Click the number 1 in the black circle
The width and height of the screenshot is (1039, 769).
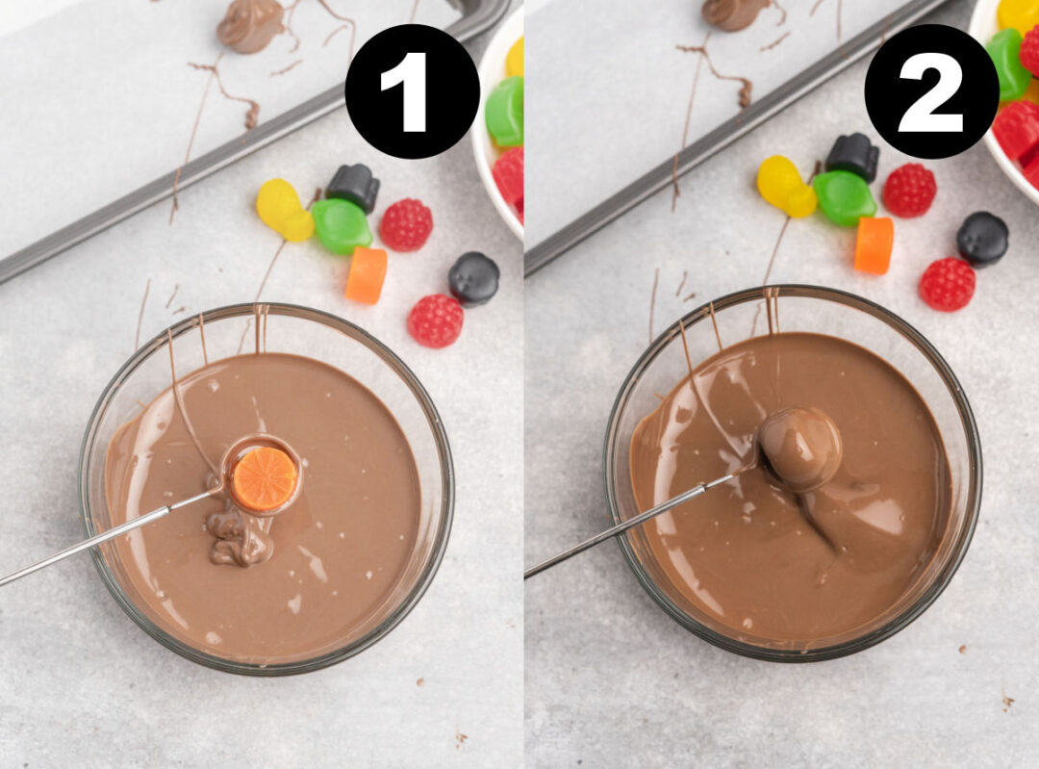pyautogui.click(x=412, y=91)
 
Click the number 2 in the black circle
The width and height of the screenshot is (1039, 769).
pyautogui.click(x=930, y=91)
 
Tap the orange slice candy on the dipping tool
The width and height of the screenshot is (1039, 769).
pyautogui.click(x=264, y=479)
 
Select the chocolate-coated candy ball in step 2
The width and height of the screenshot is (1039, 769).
pyautogui.click(x=799, y=449)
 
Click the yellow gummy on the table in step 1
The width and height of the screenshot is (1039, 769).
pyautogui.click(x=284, y=210)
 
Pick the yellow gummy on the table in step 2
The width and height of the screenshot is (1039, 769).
pyautogui.click(x=785, y=186)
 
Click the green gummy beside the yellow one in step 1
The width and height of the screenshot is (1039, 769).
pyautogui.click(x=341, y=226)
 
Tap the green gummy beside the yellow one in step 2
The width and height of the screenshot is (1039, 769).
pyautogui.click(x=843, y=197)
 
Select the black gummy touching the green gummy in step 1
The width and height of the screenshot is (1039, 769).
pyautogui.click(x=353, y=187)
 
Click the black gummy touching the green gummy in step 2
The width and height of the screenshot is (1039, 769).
pyautogui.click(x=852, y=156)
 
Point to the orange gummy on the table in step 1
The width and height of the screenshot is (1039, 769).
pyautogui.click(x=366, y=274)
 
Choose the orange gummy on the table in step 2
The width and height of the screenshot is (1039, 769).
pyautogui.click(x=874, y=244)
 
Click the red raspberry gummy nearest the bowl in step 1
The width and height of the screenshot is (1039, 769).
pyautogui.click(x=435, y=320)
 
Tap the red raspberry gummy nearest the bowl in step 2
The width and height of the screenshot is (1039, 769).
pyautogui.click(x=947, y=284)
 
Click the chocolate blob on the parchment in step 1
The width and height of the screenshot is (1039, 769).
pyautogui.click(x=250, y=24)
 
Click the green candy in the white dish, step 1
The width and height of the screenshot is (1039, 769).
pyautogui.click(x=505, y=112)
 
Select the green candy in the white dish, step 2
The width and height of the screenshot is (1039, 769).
pyautogui.click(x=1006, y=64)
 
